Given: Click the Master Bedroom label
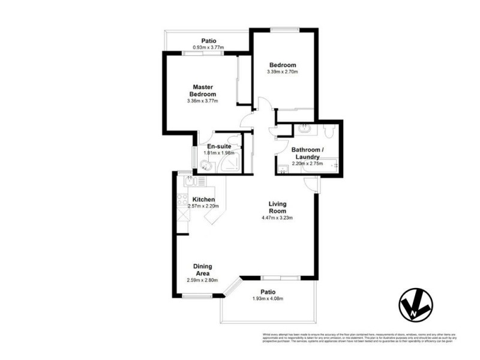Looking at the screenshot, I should point(203,90).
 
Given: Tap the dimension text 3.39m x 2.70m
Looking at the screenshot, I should point(283,72).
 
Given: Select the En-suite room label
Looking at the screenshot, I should point(219,146).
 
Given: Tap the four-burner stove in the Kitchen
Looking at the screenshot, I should point(182,200).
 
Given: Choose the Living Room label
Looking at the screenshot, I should point(277,207).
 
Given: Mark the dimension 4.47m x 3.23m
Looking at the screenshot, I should point(277,218).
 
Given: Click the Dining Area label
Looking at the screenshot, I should point(202,269).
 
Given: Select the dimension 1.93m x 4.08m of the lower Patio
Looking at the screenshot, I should point(267,299).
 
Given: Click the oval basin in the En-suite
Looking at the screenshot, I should point(206,166).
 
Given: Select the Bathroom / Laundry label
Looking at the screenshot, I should point(307,153).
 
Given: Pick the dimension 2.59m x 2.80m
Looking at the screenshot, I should point(202,280).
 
